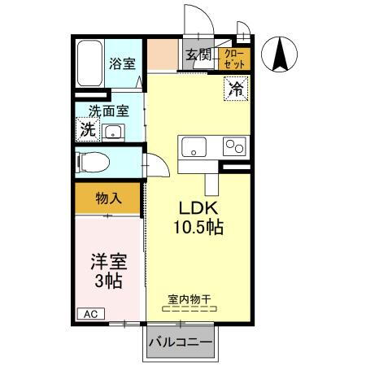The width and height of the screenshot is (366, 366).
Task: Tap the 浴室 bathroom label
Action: pyautogui.click(x=123, y=63)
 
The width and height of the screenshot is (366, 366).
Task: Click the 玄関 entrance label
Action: pyautogui.click(x=198, y=55)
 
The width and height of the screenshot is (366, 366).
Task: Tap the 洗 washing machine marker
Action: pyautogui.click(x=86, y=129)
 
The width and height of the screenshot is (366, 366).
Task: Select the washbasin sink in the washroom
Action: pyautogui.click(x=114, y=133)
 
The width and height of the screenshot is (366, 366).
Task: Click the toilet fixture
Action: pyautogui.click(x=93, y=161)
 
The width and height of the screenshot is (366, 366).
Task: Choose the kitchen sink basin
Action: pyautogui.click(x=196, y=147)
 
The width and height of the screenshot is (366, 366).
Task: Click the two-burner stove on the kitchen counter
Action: pyautogui.click(x=235, y=147)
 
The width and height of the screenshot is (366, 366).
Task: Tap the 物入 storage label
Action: pyautogui.click(x=108, y=198)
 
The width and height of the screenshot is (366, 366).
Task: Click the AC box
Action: pyautogui.click(x=90, y=313)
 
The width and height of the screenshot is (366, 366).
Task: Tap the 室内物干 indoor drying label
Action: pyautogui.click(x=189, y=300)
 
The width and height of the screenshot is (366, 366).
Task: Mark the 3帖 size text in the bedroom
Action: pyautogui.click(x=107, y=282)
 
